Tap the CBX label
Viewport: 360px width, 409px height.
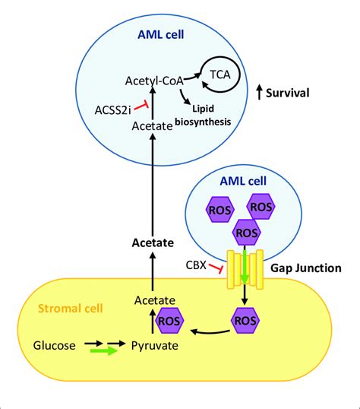point(197,266)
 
